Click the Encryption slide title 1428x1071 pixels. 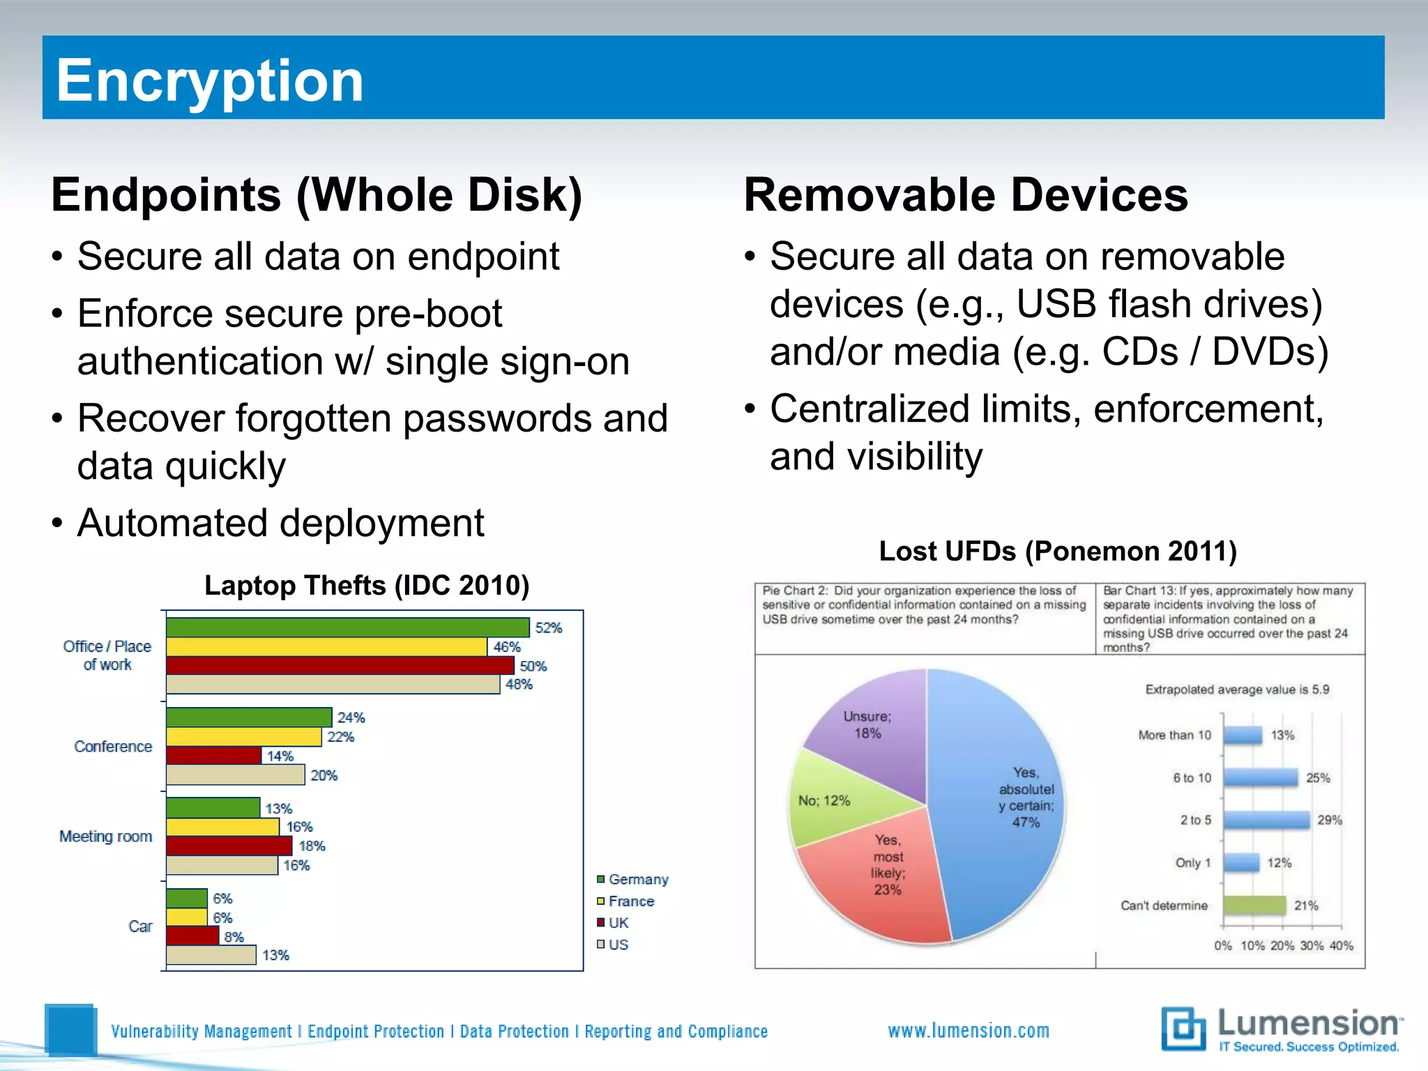[209, 80]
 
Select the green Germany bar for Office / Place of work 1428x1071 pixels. [347, 628]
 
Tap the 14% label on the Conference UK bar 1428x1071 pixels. [280, 756]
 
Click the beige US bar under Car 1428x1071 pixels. [211, 955]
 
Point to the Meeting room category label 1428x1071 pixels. [105, 836]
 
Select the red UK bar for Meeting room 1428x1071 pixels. [229, 846]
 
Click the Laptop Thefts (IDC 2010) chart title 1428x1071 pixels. [367, 585]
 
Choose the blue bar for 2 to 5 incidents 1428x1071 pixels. [1266, 820]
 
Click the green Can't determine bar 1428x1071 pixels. [1254, 905]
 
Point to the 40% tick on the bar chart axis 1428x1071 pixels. [1341, 945]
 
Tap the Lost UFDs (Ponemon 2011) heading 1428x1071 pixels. [1058, 551]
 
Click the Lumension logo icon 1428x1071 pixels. [1183, 1028]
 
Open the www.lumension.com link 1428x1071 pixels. [969, 1031]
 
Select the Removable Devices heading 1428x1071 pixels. [966, 195]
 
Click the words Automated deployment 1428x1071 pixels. [280, 523]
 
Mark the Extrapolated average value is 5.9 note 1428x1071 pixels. [1237, 690]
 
